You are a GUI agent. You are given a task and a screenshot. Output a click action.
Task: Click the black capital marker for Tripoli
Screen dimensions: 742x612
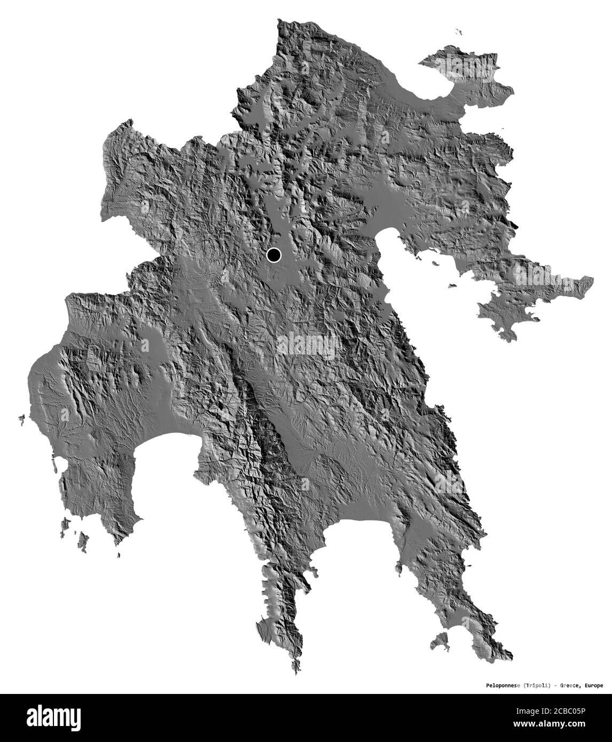[x=274, y=255]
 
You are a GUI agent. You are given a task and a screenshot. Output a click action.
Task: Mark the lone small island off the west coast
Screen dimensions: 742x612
[x=21, y=418]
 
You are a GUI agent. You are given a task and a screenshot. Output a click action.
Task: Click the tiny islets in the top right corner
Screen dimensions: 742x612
[x=458, y=32]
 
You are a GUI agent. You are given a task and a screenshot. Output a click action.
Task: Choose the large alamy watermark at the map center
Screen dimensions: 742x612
[x=305, y=346]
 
